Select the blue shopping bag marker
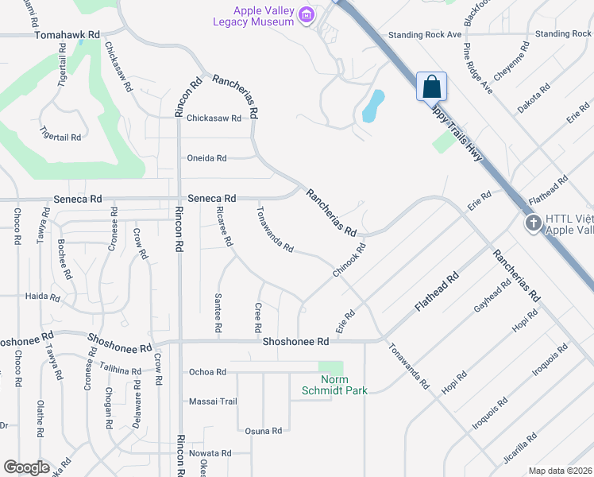click(431, 87)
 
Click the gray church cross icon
click(534, 223)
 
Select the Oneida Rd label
click(207, 157)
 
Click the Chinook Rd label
click(349, 261)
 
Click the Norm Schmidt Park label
click(330, 385)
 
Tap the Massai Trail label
click(213, 401)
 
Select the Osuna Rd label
click(264, 431)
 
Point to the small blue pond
click(373, 105)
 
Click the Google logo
click(25, 467)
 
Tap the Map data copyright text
click(560, 471)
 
